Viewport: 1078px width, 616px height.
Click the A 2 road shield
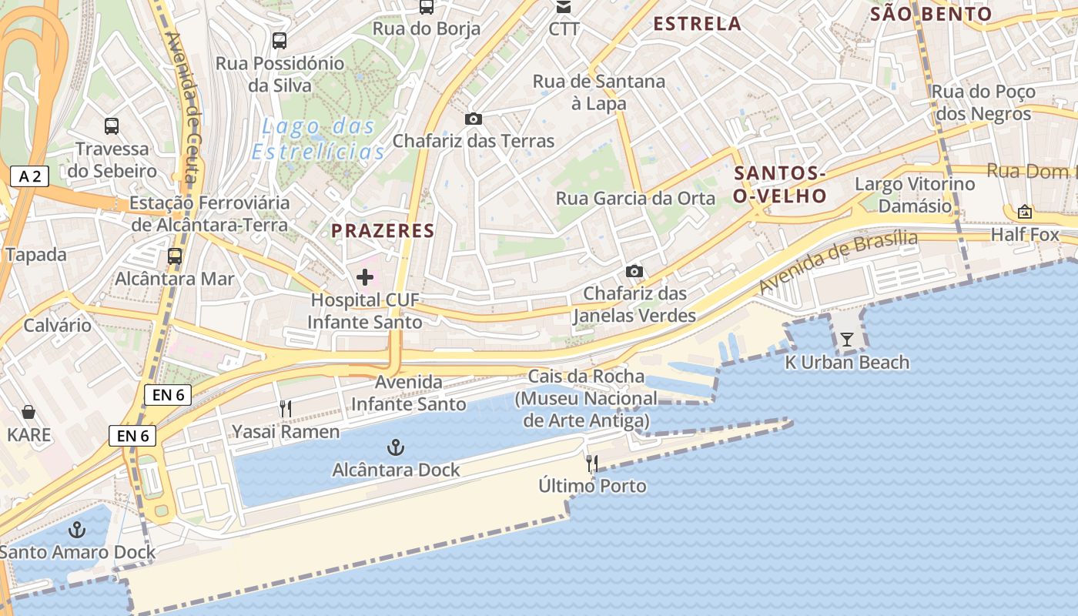[29, 176]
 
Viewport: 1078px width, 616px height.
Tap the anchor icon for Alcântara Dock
[395, 447]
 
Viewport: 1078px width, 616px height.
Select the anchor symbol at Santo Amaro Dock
[76, 530]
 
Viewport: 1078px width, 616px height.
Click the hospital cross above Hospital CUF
[364, 277]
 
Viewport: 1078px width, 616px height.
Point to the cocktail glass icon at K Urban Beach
[847, 339]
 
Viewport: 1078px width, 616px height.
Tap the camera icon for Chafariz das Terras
[473, 119]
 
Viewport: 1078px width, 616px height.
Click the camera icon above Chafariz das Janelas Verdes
[634, 271]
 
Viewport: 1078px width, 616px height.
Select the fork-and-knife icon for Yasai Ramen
[286, 408]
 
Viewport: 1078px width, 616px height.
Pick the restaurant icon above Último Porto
[592, 463]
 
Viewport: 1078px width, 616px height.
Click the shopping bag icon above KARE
[28, 412]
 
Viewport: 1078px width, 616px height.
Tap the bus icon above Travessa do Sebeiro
[112, 126]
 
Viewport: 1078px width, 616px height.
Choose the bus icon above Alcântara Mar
[175, 256]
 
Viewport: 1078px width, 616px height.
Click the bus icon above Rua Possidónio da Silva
[280, 40]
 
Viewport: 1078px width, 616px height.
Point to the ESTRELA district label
[697, 24]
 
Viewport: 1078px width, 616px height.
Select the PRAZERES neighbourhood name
[383, 230]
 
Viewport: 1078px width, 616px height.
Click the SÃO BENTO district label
[931, 14]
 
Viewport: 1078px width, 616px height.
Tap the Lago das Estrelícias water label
[318, 139]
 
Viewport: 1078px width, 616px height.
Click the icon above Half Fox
[1025, 211]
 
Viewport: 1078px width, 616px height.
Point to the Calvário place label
[57, 325]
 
